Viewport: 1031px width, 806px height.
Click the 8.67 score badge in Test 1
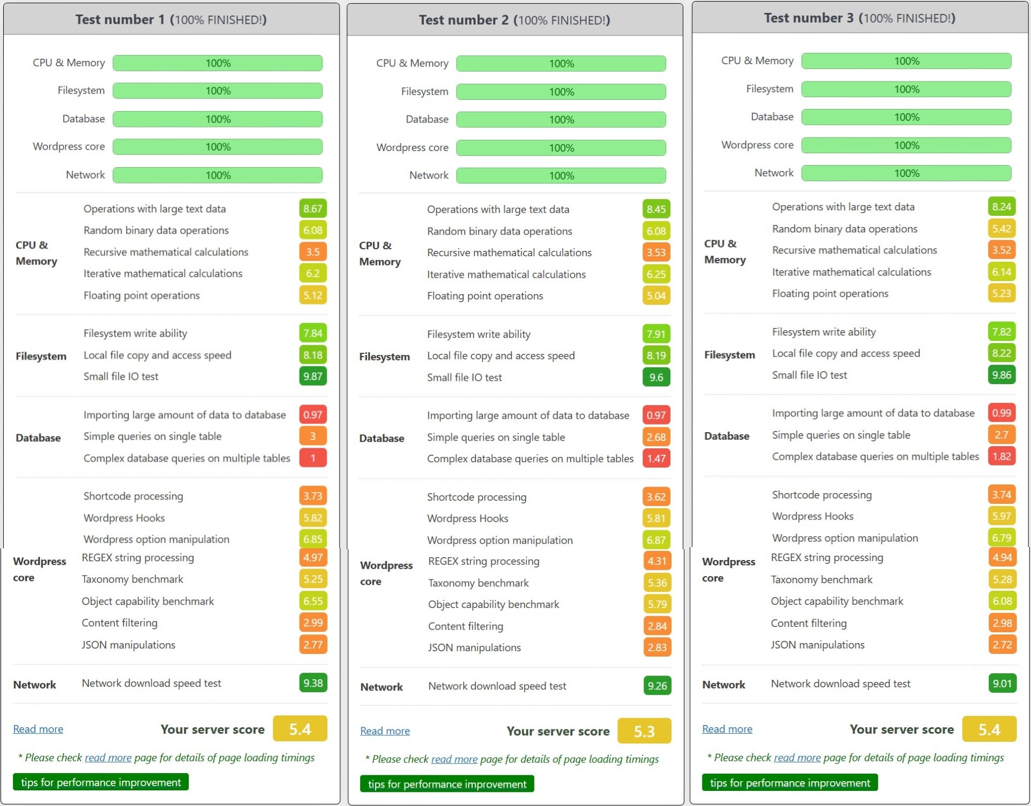tap(313, 209)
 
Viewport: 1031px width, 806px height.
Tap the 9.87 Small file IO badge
tap(313, 376)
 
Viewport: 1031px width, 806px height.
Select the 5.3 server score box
tap(644, 731)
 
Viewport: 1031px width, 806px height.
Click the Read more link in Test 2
tap(385, 731)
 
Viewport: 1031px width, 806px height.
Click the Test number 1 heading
tap(171, 20)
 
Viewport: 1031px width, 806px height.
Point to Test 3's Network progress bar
tap(906, 173)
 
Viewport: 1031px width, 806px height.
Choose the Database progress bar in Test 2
tap(561, 120)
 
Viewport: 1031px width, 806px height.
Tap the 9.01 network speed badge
tap(1002, 684)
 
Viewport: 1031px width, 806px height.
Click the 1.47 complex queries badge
tap(656, 459)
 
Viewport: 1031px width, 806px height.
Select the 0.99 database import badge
tap(1001, 413)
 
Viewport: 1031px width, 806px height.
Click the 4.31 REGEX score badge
tap(657, 561)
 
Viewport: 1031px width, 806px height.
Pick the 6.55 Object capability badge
tap(313, 601)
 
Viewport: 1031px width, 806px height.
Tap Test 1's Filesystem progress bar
tap(218, 91)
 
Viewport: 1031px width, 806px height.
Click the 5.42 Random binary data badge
tap(1001, 229)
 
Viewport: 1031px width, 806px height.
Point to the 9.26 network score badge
tap(657, 686)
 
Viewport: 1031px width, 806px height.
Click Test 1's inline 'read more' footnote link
tap(108, 757)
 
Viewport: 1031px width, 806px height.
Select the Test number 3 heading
tap(859, 18)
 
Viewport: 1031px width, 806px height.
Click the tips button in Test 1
tap(101, 782)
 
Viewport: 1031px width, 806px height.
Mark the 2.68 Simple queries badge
tap(656, 437)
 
